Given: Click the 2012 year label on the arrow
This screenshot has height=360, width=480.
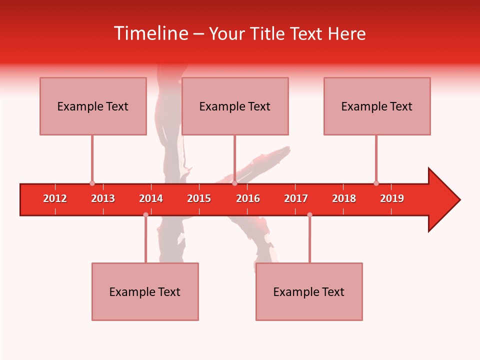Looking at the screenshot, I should [55, 198].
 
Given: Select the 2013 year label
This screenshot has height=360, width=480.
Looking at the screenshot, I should [103, 198].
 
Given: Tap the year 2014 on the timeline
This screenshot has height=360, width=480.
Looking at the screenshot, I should [151, 198].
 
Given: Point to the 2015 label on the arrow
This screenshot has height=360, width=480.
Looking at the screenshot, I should [199, 198].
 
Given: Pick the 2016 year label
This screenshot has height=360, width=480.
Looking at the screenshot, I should [248, 198].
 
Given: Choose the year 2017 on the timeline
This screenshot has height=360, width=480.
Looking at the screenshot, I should [296, 198].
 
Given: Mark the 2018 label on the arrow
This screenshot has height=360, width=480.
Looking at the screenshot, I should [344, 198].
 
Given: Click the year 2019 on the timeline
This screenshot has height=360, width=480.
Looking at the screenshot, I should [392, 198].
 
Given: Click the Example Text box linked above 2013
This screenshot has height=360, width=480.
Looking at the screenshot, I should [93, 106].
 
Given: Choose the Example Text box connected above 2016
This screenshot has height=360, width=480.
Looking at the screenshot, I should [235, 106].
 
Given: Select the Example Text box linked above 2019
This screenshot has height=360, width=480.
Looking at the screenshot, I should [377, 106].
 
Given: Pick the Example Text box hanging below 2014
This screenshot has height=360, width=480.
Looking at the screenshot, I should [145, 292].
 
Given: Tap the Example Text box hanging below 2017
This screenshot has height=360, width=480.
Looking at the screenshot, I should [309, 292].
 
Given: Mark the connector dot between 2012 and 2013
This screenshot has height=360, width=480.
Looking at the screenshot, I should [92, 183].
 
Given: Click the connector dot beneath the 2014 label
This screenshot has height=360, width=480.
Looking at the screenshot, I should [145, 214].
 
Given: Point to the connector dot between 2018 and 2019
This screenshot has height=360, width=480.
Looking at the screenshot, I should [376, 183].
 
